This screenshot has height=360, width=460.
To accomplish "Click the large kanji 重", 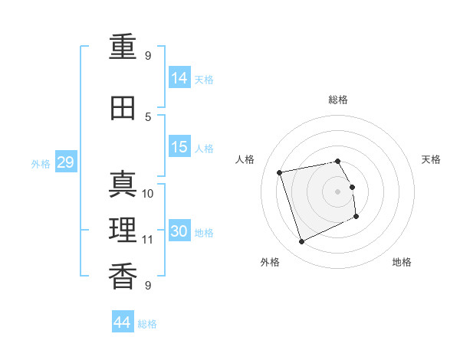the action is (123, 47).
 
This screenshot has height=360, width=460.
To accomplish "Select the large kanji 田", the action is (123, 108).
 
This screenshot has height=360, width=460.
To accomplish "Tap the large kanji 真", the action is (123, 184).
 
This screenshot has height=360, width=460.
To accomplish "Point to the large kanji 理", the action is (123, 230).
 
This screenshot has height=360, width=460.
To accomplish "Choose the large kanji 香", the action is (123, 276).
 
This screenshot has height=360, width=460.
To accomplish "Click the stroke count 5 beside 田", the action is (148, 117).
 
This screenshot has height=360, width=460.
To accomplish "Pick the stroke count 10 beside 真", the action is (147, 194).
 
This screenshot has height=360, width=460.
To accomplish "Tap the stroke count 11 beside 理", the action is (147, 240).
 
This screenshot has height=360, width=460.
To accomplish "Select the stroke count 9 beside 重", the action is (148, 56).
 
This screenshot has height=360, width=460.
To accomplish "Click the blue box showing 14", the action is (179, 77).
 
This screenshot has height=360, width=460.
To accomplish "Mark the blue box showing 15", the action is (179, 146).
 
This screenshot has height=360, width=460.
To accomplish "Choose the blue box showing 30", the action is (179, 230).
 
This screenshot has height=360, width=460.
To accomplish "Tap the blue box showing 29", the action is (66, 162).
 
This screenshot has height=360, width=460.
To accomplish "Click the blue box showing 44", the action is (123, 321).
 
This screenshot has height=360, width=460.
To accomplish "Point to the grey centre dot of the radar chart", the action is (337, 191).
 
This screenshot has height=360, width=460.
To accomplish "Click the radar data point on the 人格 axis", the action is (280, 172).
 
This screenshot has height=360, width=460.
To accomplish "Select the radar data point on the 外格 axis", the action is (301, 242).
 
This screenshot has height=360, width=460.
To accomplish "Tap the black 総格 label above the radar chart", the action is (338, 100).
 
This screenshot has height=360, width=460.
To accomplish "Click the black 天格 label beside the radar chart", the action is (431, 159).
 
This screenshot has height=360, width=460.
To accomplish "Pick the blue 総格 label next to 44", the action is (147, 324).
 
